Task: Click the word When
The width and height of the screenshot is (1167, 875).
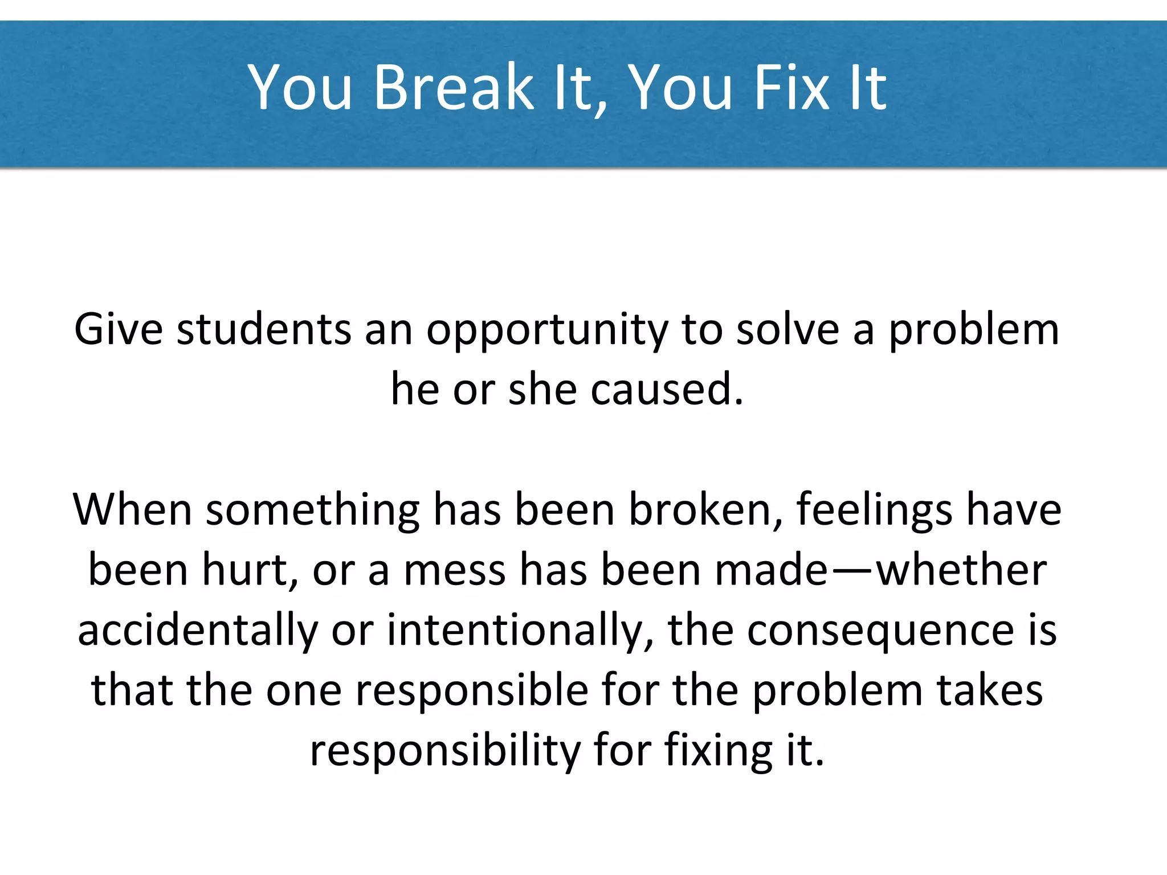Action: [132, 509]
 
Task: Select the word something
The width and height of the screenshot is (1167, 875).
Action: [313, 510]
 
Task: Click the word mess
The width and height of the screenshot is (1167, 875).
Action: [455, 571]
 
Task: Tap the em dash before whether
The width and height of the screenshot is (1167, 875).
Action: [851, 571]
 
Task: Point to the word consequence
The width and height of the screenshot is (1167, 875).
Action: [880, 632]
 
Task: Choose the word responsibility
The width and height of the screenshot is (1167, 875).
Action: [445, 751]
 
